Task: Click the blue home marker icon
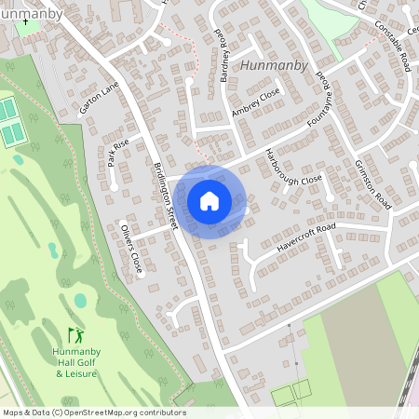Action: pyautogui.click(x=209, y=201)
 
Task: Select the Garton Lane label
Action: pyautogui.click(x=101, y=96)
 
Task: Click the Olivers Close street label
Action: pyautogui.click(x=130, y=249)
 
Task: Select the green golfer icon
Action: pyautogui.click(x=75, y=334)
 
